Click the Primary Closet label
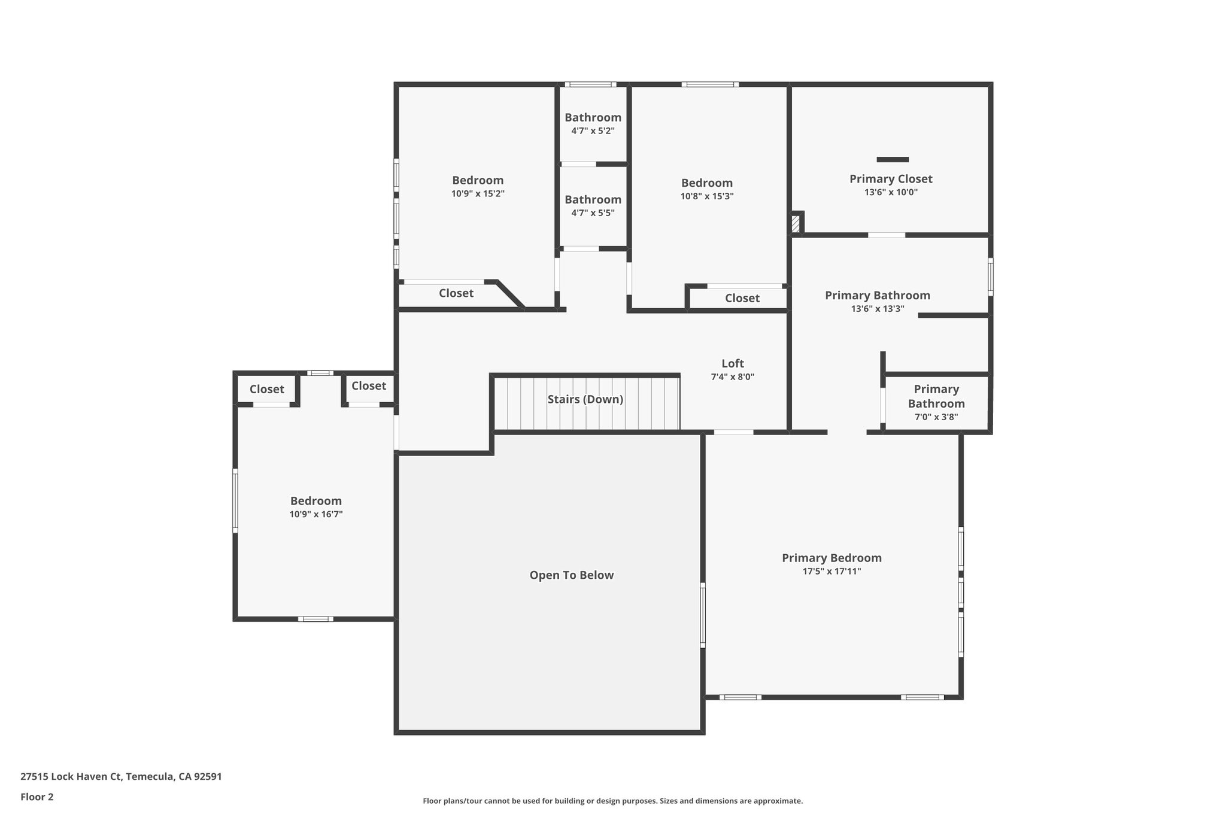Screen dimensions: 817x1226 891,179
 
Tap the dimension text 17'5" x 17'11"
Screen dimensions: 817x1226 832,572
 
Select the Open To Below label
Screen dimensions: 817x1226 571,575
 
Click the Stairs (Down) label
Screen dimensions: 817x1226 585,399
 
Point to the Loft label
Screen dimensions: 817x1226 732,363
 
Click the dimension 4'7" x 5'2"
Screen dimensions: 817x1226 593,131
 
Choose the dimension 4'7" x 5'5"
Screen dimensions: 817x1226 593,213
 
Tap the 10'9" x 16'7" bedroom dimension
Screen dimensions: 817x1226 316,514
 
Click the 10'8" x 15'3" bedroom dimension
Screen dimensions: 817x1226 706,196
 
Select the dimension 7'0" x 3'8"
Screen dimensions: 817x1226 936,417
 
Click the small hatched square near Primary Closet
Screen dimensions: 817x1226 795,224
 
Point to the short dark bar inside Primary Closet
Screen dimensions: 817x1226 893,160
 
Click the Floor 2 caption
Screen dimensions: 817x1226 37,797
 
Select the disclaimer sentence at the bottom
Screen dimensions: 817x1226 612,801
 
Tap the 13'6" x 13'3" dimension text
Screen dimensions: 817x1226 877,309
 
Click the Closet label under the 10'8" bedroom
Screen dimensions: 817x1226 742,298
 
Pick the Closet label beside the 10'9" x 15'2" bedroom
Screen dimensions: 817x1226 456,293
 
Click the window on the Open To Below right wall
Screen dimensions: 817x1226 703,615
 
